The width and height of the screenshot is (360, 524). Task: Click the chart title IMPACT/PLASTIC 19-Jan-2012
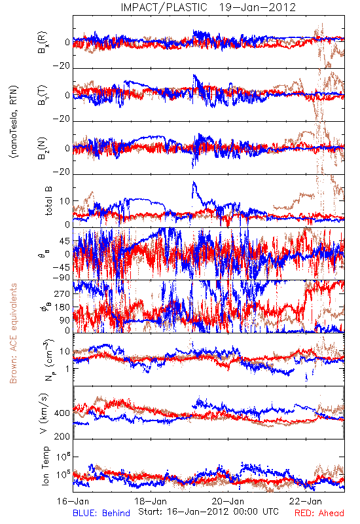208,7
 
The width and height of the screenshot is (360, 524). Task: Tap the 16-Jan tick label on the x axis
73,501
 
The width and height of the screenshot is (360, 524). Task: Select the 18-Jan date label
151,501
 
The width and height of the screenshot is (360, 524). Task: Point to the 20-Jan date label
228,501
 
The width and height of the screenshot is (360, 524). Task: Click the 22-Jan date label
306,501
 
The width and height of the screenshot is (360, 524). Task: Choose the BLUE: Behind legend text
101,514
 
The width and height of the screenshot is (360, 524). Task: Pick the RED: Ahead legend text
319,514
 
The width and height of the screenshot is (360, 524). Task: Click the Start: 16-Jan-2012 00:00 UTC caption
208,512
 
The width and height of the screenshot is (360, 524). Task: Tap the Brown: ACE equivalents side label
13,333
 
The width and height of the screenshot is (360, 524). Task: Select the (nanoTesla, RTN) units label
14,122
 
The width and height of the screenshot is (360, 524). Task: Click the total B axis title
48,201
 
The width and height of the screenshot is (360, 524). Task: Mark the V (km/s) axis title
44,414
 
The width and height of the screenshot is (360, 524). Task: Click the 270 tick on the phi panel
62,293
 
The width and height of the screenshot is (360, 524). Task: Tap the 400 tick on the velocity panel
62,413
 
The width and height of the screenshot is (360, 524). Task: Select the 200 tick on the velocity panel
62,436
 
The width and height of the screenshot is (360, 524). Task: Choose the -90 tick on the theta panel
62,278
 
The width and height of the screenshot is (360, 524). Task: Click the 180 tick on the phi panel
62,307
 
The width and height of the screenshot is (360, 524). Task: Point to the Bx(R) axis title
43,43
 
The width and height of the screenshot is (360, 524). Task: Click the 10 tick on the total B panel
65,201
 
